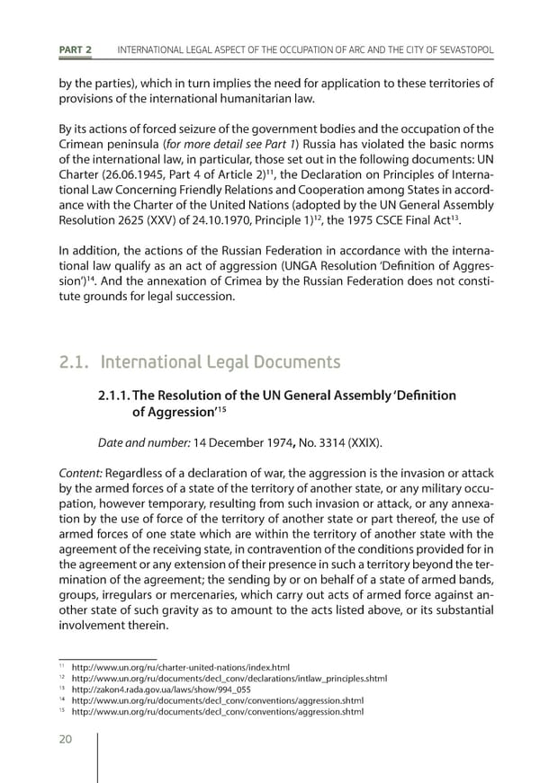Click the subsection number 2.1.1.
click(114, 396)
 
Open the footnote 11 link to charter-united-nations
click(180, 667)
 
